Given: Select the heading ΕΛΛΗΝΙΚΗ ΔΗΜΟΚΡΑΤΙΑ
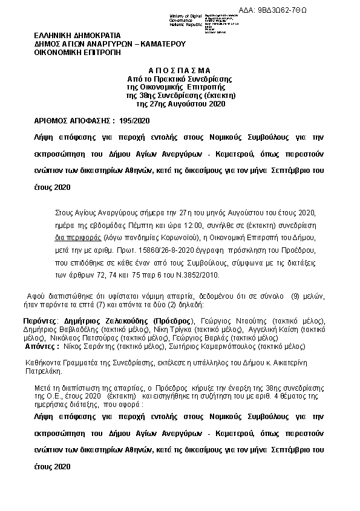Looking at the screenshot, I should pyautogui.click(x=77, y=36).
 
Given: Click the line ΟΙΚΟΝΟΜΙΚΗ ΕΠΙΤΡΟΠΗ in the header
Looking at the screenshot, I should pyautogui.click(x=77, y=53).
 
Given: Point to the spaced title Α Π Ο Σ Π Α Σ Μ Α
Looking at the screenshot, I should pyautogui.click(x=180, y=70).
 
